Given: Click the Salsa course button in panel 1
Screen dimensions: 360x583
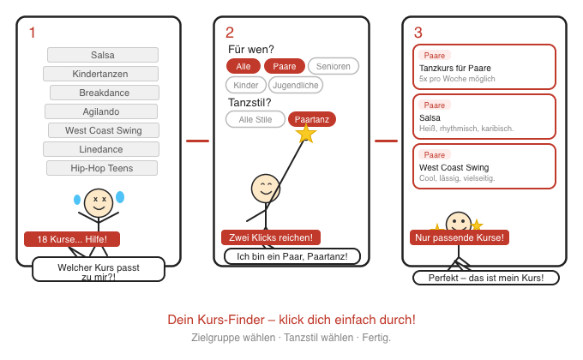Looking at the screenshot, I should click(x=102, y=55).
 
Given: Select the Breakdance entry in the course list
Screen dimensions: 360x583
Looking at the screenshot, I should click(x=104, y=93).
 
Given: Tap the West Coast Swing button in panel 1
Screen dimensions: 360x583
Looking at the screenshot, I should click(x=103, y=130).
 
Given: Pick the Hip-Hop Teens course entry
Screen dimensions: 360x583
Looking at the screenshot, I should click(x=101, y=168).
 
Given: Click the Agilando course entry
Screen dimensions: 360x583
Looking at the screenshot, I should click(x=101, y=111).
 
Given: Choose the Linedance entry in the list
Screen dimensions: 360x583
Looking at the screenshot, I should click(x=101, y=149).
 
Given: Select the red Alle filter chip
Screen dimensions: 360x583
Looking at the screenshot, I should click(x=243, y=66).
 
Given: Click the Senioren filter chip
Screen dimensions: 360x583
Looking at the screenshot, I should click(x=333, y=66).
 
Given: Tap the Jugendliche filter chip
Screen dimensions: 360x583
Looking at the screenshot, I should click(x=296, y=85).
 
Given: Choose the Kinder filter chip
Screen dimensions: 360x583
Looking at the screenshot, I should click(x=246, y=85).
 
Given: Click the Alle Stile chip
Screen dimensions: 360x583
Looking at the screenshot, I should click(x=255, y=119).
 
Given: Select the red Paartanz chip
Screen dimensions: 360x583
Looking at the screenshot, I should click(x=312, y=119).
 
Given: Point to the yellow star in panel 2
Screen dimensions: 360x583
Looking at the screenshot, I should click(x=306, y=133).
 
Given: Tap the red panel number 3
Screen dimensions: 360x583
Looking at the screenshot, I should click(x=418, y=33).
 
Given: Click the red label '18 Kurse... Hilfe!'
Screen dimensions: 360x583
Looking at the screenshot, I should click(x=72, y=239).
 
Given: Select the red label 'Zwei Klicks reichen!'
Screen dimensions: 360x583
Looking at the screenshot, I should click(x=271, y=237).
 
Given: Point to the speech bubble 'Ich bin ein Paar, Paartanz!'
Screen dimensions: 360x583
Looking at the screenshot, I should click(x=292, y=256).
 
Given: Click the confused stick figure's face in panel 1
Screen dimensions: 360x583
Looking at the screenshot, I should click(x=99, y=203).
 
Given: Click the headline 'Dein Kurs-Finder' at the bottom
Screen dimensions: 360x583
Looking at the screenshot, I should click(x=291, y=320).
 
